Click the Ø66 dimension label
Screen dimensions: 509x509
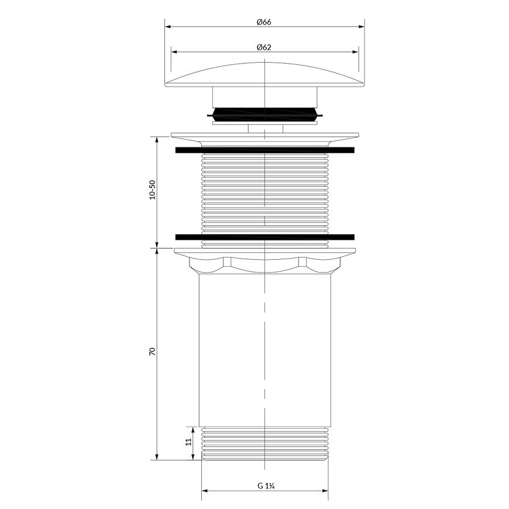coord(264,22)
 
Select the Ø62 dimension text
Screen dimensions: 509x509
coord(264,47)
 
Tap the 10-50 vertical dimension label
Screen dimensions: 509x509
coord(152,190)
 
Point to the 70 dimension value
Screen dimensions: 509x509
coord(152,351)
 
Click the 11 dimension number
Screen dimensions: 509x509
coord(188,442)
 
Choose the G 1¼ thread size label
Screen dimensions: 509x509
coord(267,486)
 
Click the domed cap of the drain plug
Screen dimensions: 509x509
coord(264,75)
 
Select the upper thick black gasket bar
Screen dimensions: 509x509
coord(265,150)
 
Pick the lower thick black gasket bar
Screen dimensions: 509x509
coord(265,237)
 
